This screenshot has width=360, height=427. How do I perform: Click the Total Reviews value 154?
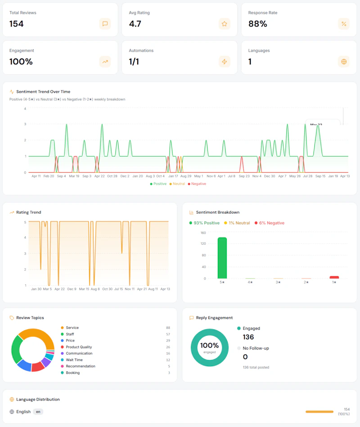(17, 24)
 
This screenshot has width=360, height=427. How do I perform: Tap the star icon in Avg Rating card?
(224, 24)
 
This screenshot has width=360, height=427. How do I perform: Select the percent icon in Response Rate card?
(344, 24)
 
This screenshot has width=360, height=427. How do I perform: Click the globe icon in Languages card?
(344, 62)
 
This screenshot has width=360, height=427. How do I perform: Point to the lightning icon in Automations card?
(224, 62)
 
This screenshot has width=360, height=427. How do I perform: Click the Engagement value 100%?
(21, 62)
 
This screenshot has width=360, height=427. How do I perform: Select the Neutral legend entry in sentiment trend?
(177, 184)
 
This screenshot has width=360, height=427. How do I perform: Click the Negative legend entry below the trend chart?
(197, 184)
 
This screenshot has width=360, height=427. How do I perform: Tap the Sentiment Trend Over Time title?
(43, 92)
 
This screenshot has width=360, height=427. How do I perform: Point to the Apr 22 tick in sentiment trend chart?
(99, 176)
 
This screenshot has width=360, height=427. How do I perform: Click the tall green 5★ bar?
(222, 258)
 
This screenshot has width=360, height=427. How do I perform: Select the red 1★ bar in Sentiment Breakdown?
(334, 277)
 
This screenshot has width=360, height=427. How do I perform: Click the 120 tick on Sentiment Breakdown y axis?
(203, 244)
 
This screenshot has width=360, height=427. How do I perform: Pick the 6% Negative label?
(272, 223)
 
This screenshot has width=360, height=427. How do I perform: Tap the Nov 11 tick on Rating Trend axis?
(130, 289)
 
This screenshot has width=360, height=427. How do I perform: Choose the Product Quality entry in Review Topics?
(79, 347)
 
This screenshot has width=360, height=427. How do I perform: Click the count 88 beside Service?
(167, 328)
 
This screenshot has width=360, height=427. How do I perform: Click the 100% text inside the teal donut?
(209, 346)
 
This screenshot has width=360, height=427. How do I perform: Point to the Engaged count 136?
(248, 337)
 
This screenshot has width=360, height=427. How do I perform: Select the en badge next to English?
(38, 412)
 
